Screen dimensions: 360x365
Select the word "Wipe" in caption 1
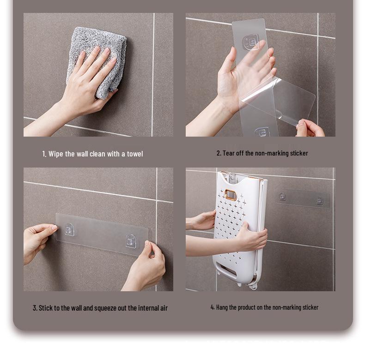click(56, 154)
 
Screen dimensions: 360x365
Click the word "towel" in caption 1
click(134, 154)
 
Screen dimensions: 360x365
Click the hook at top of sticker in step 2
click(251, 42)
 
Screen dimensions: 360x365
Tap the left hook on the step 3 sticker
click(69, 229)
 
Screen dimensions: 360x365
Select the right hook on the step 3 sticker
click(131, 240)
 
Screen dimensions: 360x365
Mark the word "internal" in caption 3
click(142, 308)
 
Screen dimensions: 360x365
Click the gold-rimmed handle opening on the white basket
click(231, 195)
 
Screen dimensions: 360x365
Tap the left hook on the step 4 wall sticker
click(282, 197)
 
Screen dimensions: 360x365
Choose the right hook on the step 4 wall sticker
click(319, 200)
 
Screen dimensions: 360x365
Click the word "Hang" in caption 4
click(222, 307)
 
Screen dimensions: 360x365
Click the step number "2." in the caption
click(219, 153)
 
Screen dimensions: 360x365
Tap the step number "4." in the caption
click(213, 307)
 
